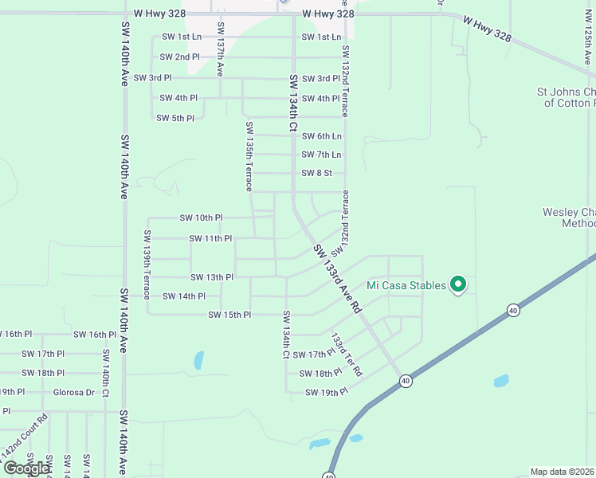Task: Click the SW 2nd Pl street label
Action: [179, 57]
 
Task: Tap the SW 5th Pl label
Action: [174, 118]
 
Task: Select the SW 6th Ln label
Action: [321, 136]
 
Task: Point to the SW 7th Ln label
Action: [321, 155]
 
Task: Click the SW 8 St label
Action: [316, 173]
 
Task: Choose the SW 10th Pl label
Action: [201, 217]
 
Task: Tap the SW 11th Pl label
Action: [210, 238]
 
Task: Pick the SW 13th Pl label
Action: [211, 277]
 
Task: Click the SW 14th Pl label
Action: [183, 296]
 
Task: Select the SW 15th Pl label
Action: [229, 315]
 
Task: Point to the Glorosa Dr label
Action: [73, 392]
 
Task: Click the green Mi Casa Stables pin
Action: [458, 284]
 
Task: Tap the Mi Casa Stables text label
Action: [406, 285]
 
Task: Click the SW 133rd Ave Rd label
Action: [338, 279]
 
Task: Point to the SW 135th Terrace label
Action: [249, 156]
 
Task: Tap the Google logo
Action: [26, 468]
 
